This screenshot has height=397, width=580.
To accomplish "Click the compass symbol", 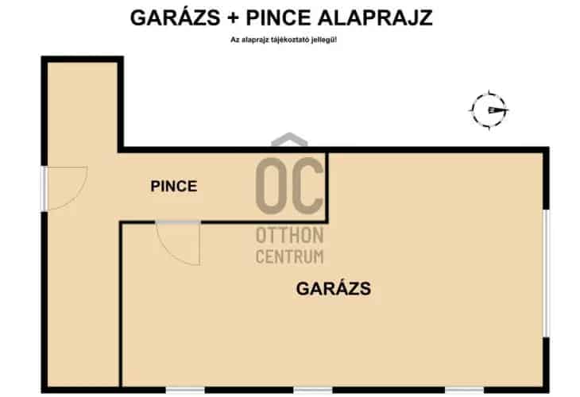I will point(488,110).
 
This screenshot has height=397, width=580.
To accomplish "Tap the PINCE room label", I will point(174,187).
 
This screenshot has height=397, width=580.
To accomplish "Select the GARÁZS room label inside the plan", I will point(334,289).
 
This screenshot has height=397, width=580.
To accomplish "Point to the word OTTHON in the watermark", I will point(289,237).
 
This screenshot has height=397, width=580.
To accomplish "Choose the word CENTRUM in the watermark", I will point(289,256).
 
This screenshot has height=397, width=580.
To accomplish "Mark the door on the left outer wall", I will point(64,189).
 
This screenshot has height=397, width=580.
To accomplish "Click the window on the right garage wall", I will point(546,272).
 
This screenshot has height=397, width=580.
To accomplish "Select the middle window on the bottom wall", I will point(312,389).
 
